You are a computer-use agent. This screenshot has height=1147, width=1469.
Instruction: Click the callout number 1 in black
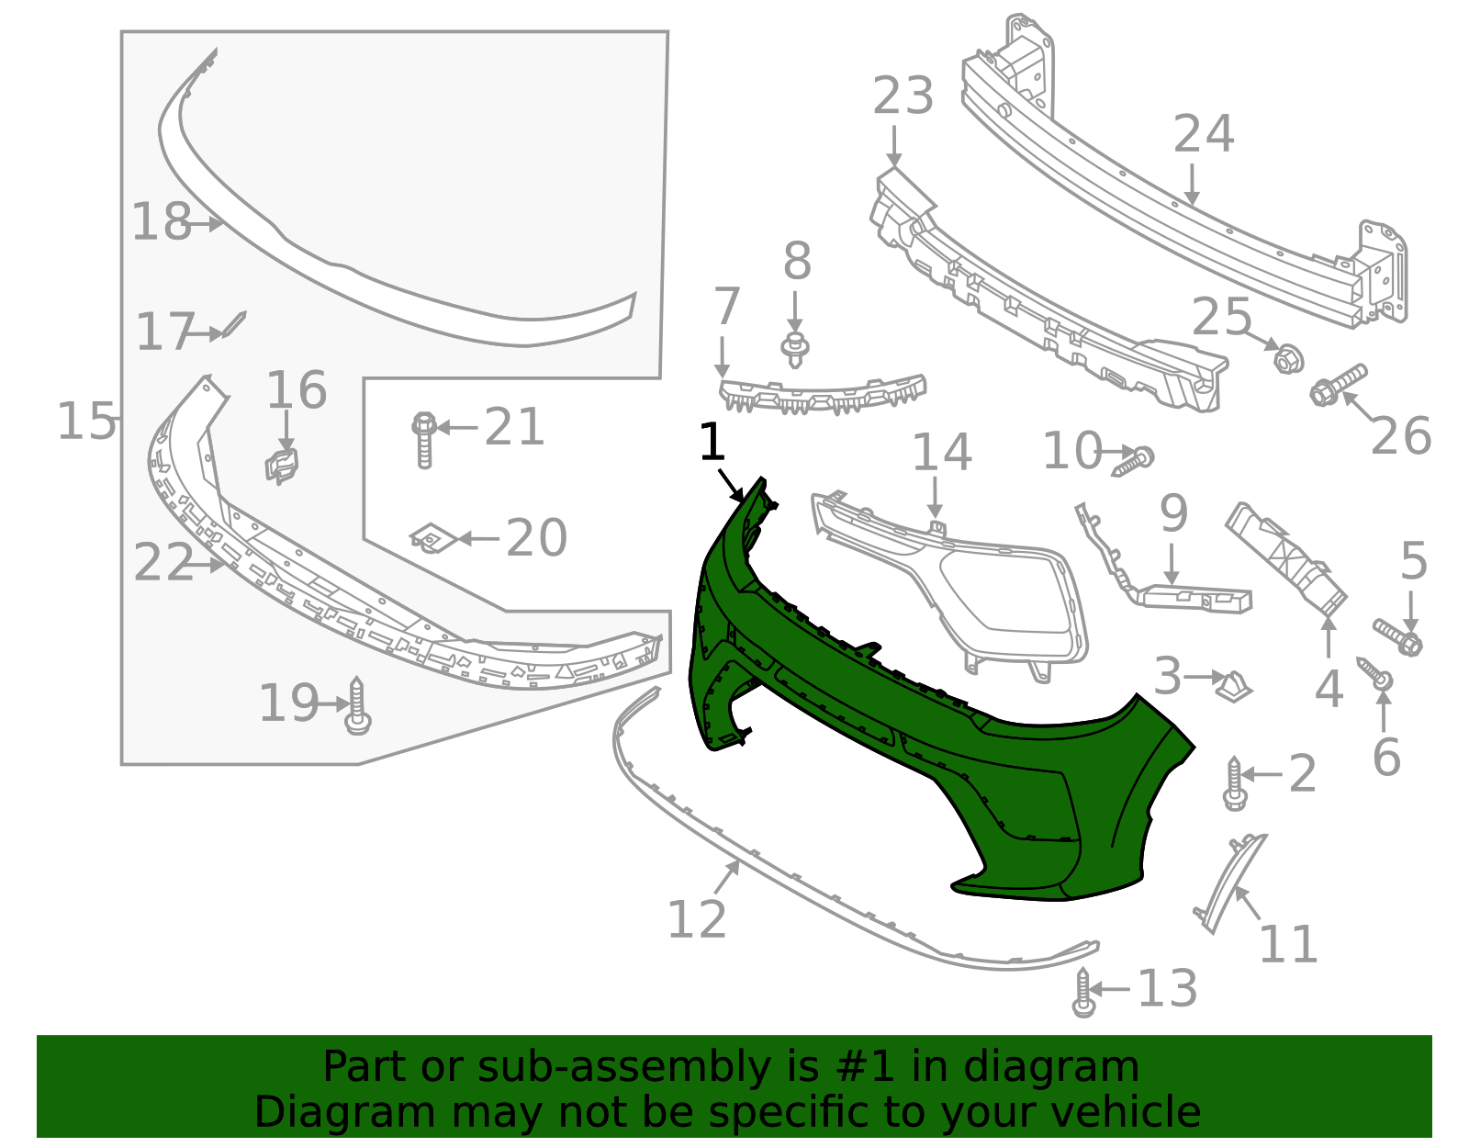click(x=712, y=444)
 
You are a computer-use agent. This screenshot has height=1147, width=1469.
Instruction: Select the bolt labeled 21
click(x=423, y=440)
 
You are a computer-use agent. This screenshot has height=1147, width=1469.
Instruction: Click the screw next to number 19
click(x=357, y=707)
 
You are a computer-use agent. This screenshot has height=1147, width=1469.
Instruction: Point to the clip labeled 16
click(x=284, y=465)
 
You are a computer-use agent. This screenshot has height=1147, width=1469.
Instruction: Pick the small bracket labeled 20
click(x=429, y=538)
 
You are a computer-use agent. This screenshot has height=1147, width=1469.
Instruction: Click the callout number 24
click(x=1204, y=135)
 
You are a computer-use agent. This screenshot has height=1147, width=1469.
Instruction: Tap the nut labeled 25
click(x=1288, y=358)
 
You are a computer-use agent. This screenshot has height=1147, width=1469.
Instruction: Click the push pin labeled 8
click(x=795, y=350)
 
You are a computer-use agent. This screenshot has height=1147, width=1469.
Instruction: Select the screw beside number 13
click(x=1083, y=994)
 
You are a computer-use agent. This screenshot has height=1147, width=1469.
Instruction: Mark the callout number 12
click(x=697, y=919)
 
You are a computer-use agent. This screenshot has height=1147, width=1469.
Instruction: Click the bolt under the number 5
click(x=1399, y=637)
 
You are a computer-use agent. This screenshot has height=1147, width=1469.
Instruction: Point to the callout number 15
click(x=86, y=422)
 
